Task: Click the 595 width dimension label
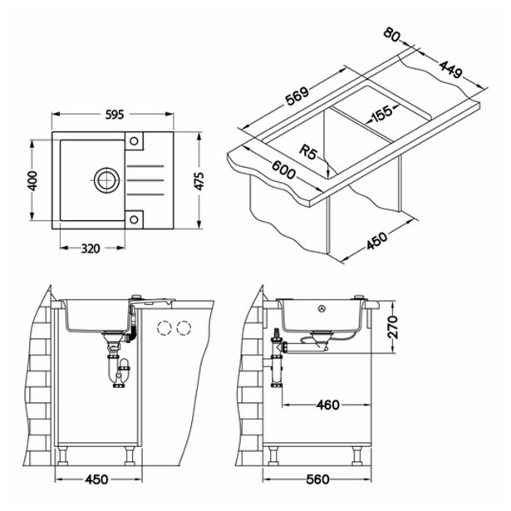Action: [x=115, y=115]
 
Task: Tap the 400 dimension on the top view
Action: [x=33, y=180]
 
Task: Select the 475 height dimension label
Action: [x=199, y=181]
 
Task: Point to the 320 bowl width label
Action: [x=91, y=248]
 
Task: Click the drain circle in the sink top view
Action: [x=106, y=180]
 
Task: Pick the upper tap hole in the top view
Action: [x=134, y=140]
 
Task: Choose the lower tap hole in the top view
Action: [x=134, y=219]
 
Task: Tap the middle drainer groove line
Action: [x=145, y=180]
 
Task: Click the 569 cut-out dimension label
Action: [x=297, y=96]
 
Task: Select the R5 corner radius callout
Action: [x=308, y=151]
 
